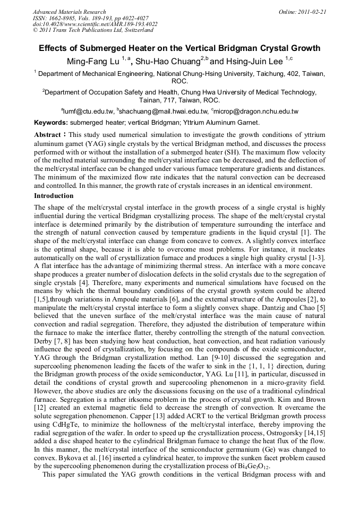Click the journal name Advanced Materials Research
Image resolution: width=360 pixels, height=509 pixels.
point(69,12)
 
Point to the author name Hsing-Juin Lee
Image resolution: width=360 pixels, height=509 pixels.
point(255,62)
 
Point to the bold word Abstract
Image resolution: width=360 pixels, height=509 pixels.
point(48,135)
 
